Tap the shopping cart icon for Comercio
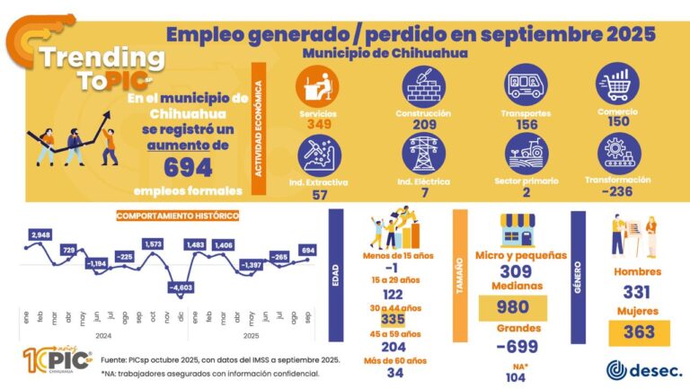(x=616, y=86)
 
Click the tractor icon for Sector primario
(x=526, y=154)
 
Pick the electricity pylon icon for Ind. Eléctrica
(x=422, y=154)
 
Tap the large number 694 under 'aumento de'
(x=188, y=166)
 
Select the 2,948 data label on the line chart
(x=40, y=235)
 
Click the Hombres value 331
(x=637, y=292)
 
